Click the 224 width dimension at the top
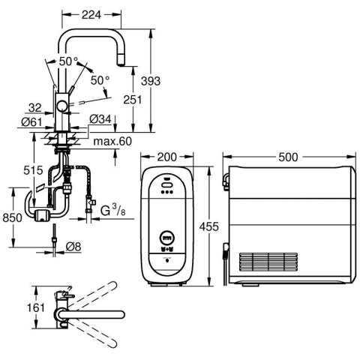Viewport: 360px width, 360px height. point(91,15)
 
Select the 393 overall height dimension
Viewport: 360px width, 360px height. point(151,81)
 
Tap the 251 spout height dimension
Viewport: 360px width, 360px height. point(133,100)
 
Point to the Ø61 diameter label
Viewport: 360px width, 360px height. point(31,122)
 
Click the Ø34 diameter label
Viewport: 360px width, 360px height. point(100,119)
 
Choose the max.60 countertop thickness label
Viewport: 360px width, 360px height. point(112,142)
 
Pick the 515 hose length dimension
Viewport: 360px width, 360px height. point(33,170)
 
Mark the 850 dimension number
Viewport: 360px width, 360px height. point(13,217)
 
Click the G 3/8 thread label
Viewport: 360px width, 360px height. point(113,211)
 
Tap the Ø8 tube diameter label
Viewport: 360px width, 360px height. point(74,247)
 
